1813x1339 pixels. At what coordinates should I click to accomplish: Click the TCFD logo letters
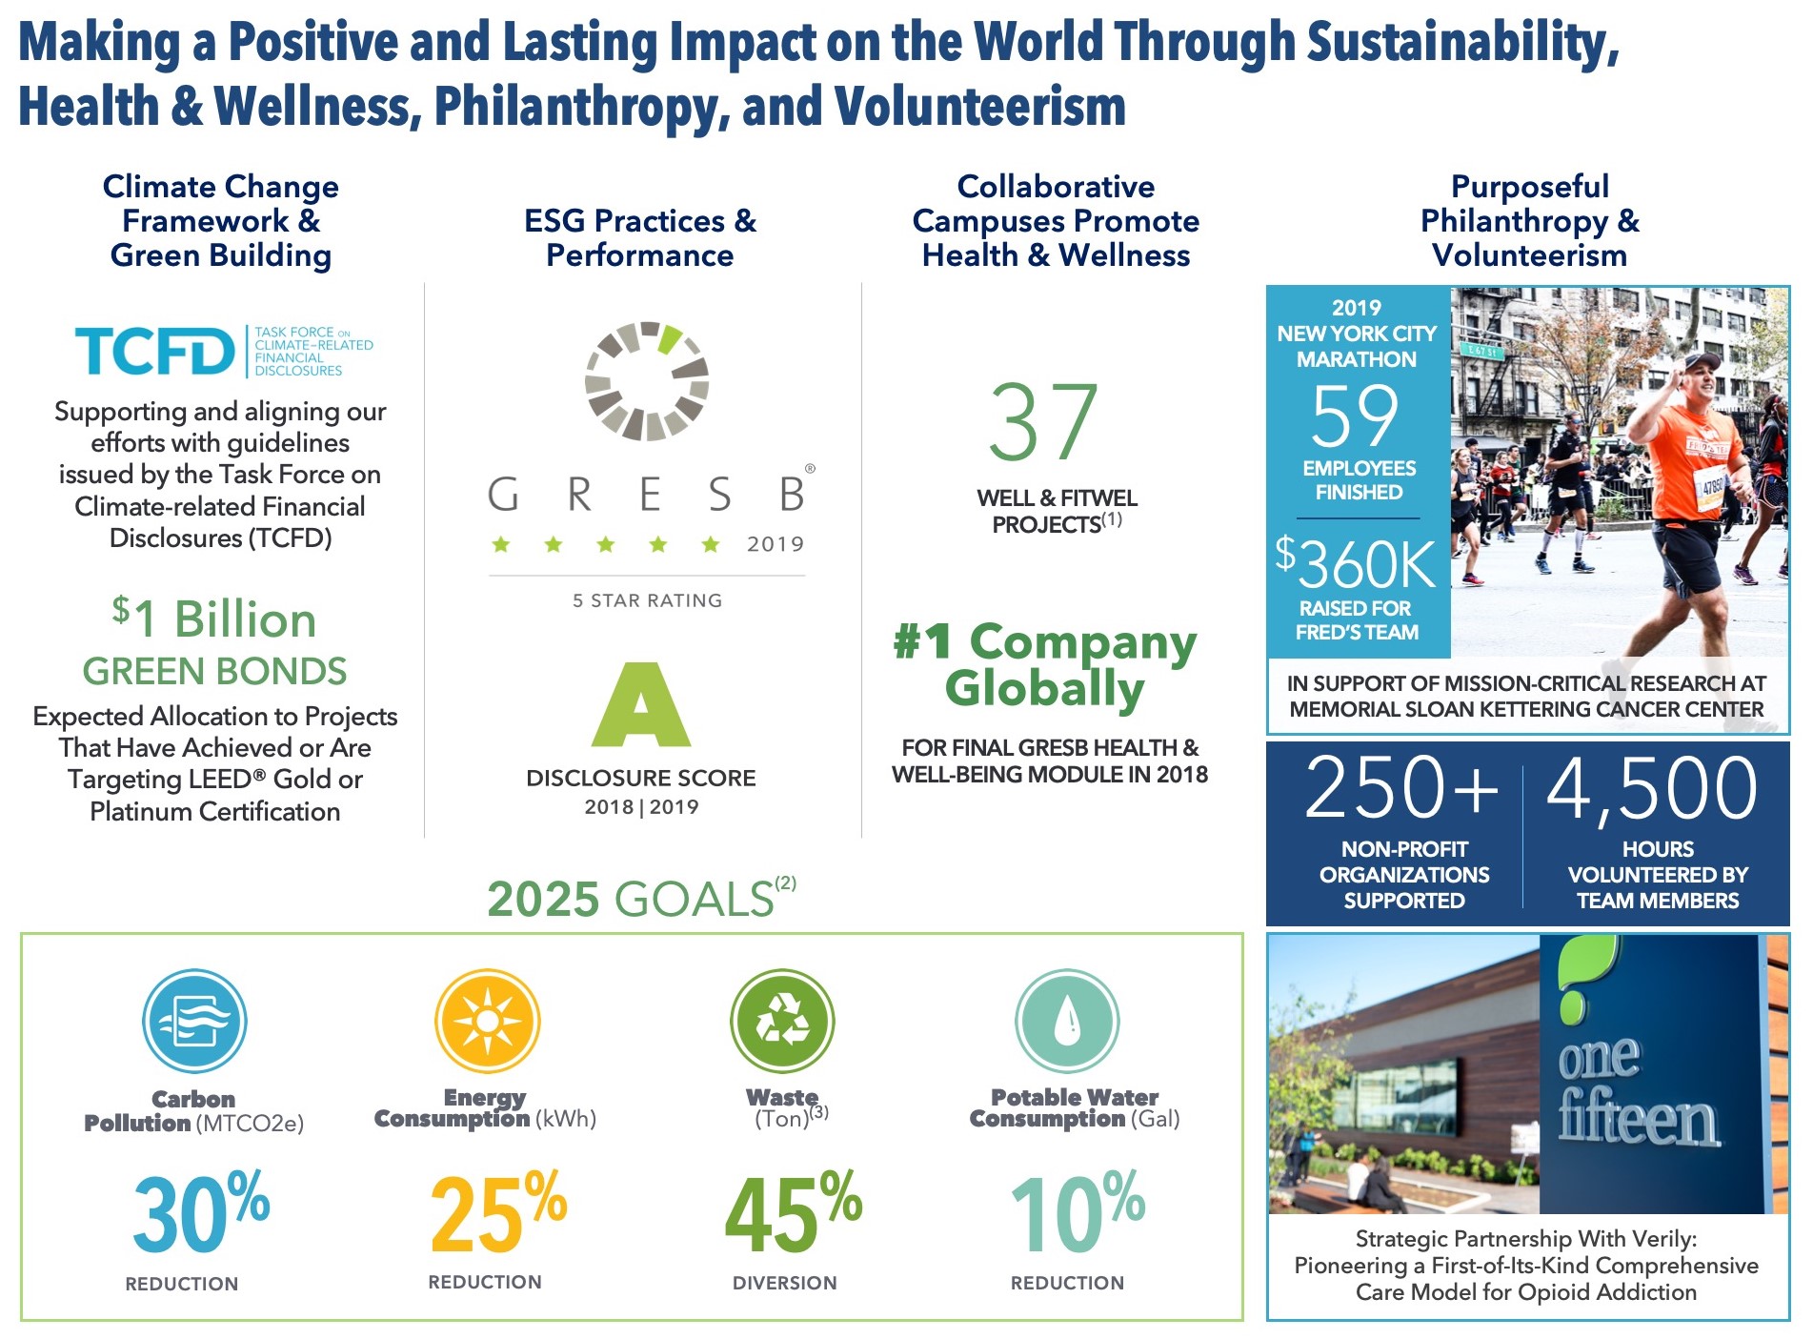(154, 351)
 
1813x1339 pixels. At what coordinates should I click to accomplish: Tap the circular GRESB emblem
(647, 381)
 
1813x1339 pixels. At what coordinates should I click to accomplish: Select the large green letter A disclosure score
(641, 705)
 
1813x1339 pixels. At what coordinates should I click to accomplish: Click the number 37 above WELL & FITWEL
(1043, 422)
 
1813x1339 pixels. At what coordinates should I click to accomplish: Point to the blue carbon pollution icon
(194, 1022)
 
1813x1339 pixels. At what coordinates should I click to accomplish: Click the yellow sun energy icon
(487, 1021)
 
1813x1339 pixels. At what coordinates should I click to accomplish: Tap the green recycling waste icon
(782, 1021)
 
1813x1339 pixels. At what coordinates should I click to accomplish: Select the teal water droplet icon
(1067, 1021)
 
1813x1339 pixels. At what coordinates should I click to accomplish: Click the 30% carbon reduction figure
(200, 1213)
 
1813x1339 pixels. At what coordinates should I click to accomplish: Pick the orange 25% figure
(497, 1212)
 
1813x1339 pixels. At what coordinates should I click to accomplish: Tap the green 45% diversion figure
(792, 1212)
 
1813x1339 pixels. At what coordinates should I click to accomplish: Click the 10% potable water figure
(1077, 1212)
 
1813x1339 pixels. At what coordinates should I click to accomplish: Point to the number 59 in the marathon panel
(1355, 416)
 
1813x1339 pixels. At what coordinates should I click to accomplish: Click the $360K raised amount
(1356, 564)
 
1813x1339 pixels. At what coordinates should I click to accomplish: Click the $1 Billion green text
(214, 619)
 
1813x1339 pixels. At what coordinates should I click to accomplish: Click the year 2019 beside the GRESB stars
(776, 544)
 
